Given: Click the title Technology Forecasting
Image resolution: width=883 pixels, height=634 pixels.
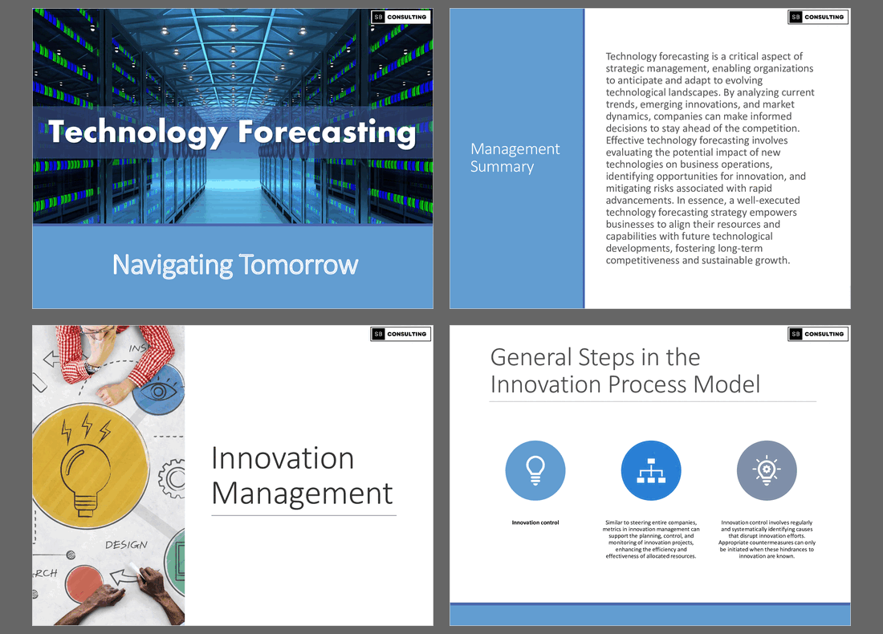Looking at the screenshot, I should [232, 132].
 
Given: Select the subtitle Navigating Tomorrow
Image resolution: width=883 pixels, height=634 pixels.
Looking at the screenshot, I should [234, 265].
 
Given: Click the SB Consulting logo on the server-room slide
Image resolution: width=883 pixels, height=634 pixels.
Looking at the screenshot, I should [401, 17].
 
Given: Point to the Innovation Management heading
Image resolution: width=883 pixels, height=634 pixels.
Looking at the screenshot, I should [302, 475].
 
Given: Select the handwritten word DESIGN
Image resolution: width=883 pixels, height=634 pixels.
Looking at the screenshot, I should [126, 545].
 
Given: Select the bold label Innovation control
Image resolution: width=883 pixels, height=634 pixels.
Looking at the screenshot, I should [535, 523].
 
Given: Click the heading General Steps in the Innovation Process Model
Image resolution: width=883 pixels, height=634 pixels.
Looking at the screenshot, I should [625, 371].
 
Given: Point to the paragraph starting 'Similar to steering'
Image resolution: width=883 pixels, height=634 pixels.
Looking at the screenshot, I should [651, 538].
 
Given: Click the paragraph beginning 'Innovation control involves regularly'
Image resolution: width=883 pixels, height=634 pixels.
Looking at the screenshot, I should [767, 538].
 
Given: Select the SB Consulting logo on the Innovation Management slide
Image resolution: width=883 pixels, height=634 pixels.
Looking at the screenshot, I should [401, 334].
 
